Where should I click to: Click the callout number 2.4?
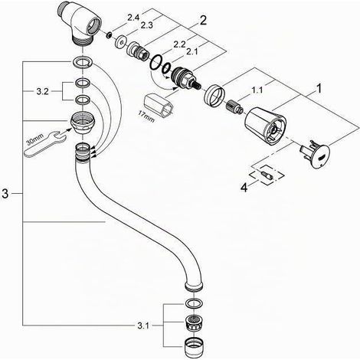(133, 18)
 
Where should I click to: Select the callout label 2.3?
(146, 25)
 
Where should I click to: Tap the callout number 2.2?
(179, 44)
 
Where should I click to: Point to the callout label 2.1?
(191, 52)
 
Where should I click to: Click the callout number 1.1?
(257, 90)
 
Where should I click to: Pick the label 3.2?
(42, 92)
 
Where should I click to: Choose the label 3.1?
(143, 326)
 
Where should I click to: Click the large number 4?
(244, 188)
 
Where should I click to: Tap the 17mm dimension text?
(146, 116)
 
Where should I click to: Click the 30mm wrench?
(44, 143)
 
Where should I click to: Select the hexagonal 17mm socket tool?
(159, 104)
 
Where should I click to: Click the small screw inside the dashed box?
(267, 175)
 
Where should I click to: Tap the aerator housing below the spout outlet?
(194, 347)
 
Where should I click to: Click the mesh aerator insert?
(194, 323)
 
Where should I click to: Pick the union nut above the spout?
(82, 123)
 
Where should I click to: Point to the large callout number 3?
(5, 194)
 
